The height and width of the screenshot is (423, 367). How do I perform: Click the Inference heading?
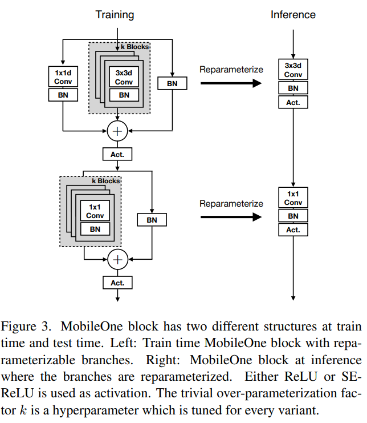[293, 14]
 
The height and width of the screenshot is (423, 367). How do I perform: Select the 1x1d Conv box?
[63, 76]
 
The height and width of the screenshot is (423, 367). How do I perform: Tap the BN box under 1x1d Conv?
[63, 95]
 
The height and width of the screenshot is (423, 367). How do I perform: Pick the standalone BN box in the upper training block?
[172, 83]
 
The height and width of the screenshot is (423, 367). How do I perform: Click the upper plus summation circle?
[117, 131]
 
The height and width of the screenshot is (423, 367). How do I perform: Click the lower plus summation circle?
[117, 260]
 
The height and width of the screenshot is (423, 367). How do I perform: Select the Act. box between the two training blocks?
[117, 154]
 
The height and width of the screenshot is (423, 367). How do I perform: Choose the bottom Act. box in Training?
[117, 283]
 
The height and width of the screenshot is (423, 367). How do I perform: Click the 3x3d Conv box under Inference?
[293, 70]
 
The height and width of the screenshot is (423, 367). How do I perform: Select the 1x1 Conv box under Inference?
[293, 198]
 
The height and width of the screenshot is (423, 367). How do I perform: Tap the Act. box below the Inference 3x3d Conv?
[293, 102]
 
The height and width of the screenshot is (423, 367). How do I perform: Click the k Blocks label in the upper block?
[134, 46]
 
